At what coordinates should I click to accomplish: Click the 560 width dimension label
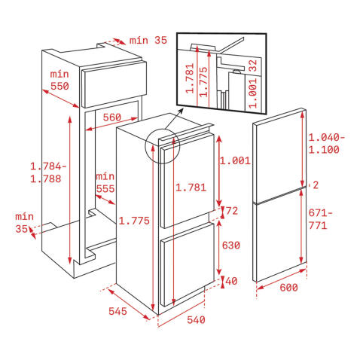pos(112,117)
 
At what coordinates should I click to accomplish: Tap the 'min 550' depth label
pos(59,81)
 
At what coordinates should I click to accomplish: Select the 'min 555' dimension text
pos(105,182)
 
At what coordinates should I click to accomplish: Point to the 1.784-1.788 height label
pos(48,172)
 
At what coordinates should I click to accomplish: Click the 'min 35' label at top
pos(148,40)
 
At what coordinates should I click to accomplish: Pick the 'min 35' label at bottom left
pos(24,223)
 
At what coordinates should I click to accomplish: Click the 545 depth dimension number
pos(117,311)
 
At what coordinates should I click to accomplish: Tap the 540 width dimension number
pos(196,320)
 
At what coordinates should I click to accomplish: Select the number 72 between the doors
pos(232,211)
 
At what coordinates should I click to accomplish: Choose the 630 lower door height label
pos(231,246)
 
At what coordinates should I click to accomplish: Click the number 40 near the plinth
pos(231,281)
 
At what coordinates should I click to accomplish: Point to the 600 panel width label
pos(288,288)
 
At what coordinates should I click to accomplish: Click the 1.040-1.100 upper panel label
pos(327,144)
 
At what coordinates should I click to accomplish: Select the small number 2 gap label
pos(316,185)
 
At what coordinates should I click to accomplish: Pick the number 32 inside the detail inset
pos(253,66)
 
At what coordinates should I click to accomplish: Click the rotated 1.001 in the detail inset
pos(253,93)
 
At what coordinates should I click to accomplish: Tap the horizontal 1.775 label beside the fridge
pos(134,221)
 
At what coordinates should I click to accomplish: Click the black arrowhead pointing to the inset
pos(181,111)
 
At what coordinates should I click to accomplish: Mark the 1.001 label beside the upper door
pos(235,160)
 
